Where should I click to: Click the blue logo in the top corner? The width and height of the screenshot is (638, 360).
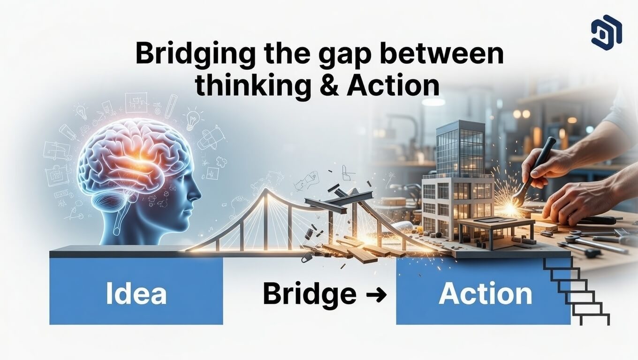[606, 30]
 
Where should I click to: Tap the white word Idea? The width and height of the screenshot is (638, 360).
[136, 293]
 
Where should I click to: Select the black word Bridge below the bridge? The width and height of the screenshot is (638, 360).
[310, 294]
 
